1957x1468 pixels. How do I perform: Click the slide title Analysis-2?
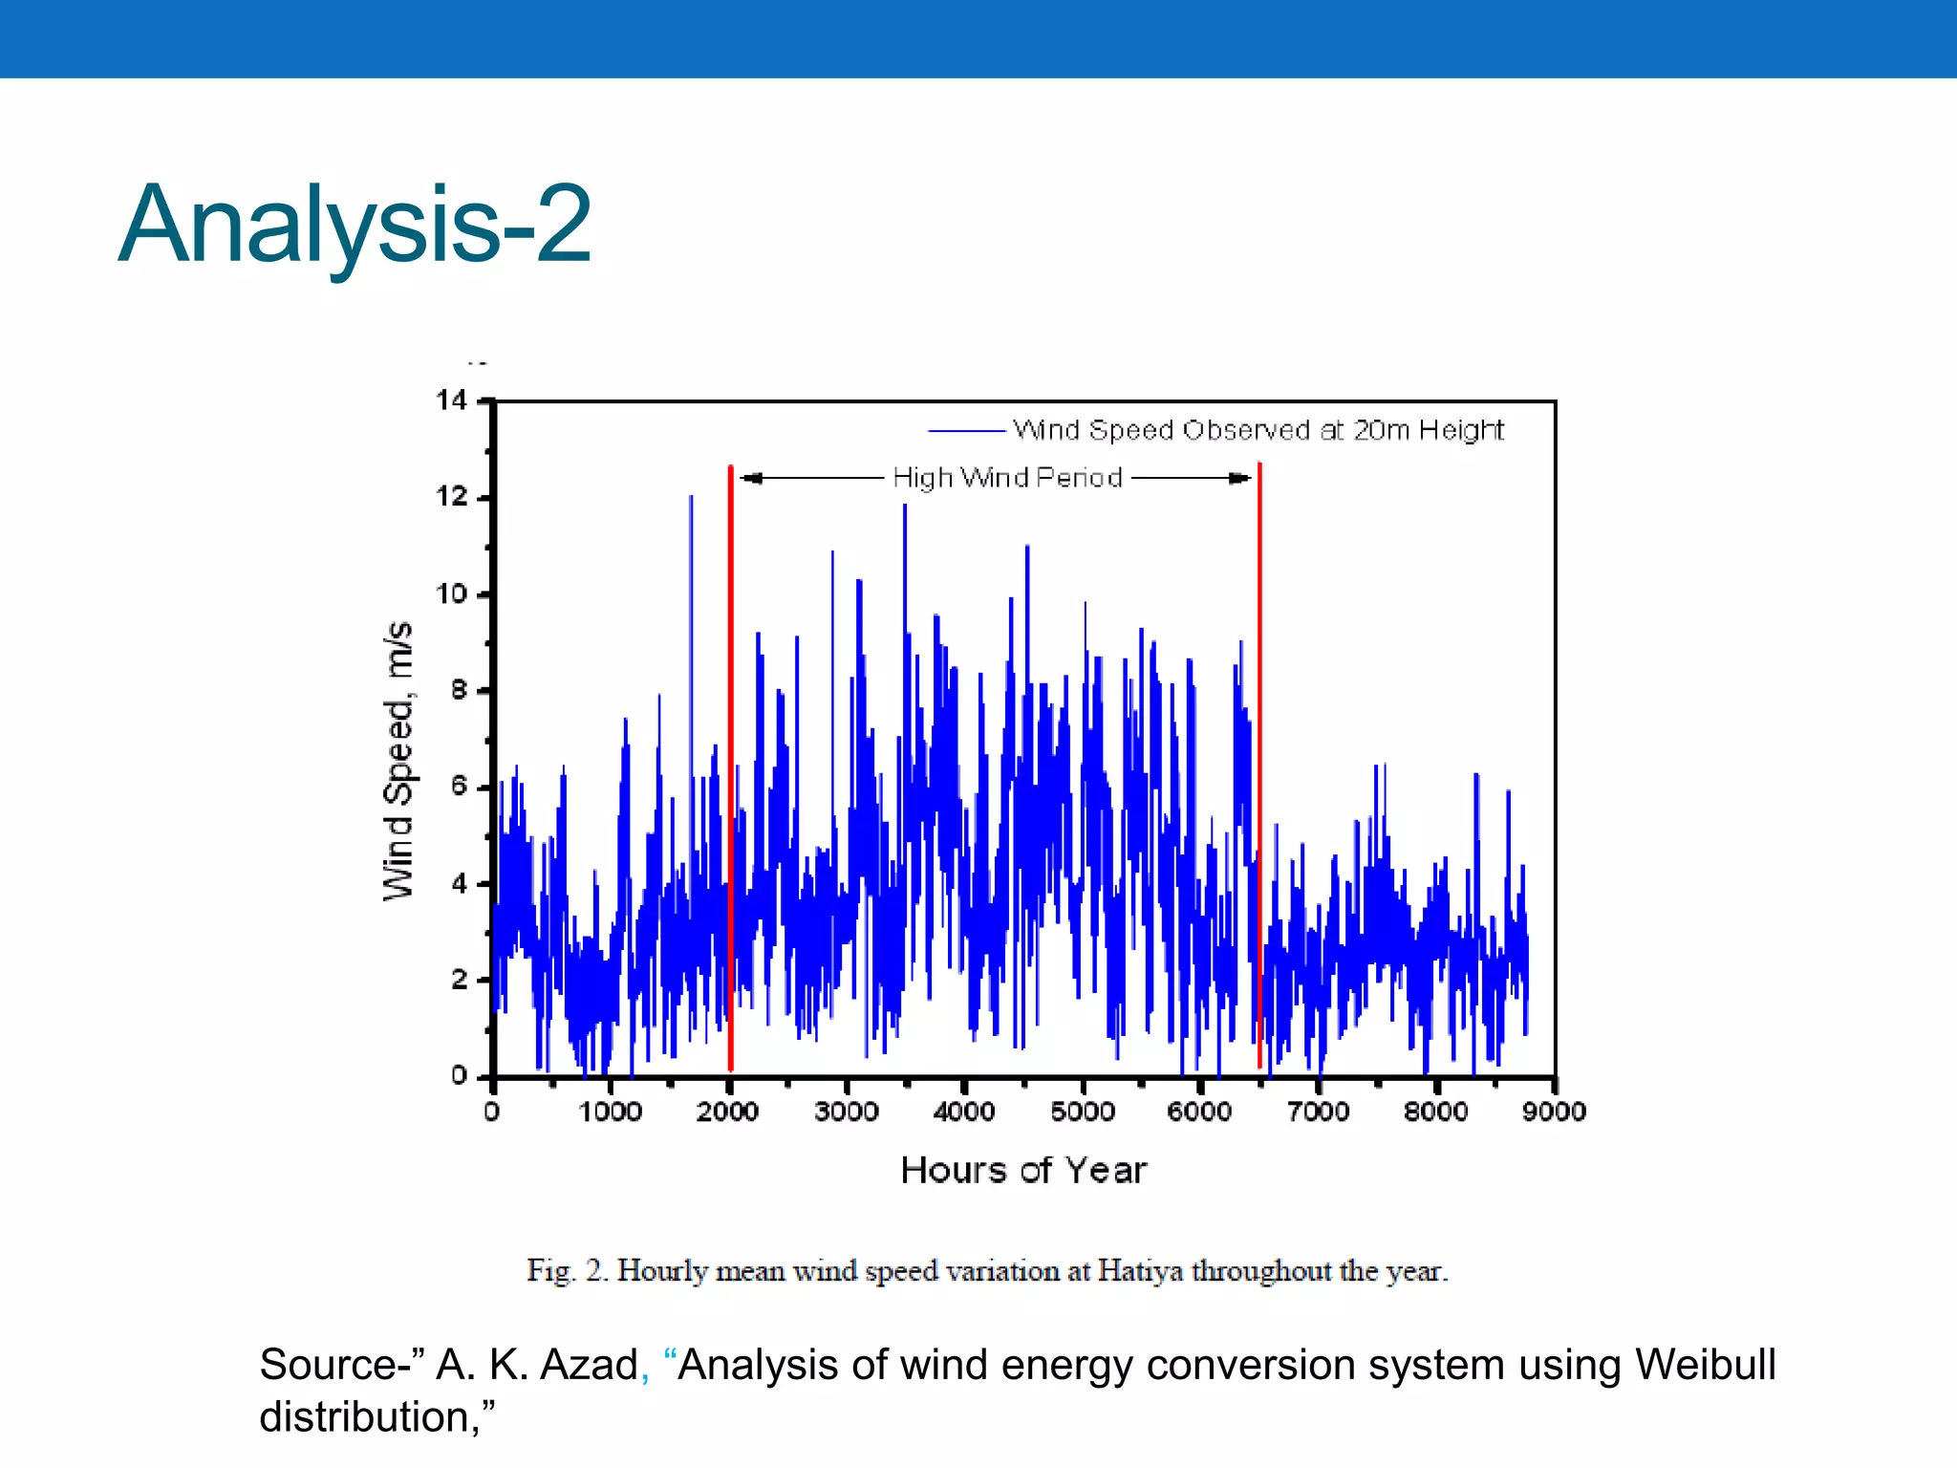pyautogui.click(x=355, y=225)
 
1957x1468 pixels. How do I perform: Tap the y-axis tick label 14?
pyautogui.click(x=452, y=400)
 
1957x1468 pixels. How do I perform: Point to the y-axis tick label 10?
pyautogui.click(x=452, y=594)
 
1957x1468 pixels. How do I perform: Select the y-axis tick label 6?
pyautogui.click(x=460, y=787)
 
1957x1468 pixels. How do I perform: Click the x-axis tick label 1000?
pyautogui.click(x=610, y=1112)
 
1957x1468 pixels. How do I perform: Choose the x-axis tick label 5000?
pyautogui.click(x=1082, y=1112)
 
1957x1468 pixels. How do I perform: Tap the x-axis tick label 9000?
pyautogui.click(x=1554, y=1112)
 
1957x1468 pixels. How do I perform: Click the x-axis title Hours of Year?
pyautogui.click(x=1022, y=1171)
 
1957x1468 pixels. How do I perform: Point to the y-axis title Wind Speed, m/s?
pyautogui.click(x=398, y=761)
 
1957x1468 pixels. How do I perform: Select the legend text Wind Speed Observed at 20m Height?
pyautogui.click(x=1258, y=430)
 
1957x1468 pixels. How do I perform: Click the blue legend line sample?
pyautogui.click(x=965, y=431)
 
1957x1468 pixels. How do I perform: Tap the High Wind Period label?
pyautogui.click(x=1007, y=478)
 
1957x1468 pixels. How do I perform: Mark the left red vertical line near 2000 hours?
pyautogui.click(x=731, y=765)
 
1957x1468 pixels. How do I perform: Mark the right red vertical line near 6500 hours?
pyautogui.click(x=1259, y=765)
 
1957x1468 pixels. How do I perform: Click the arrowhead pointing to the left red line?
pyautogui.click(x=750, y=478)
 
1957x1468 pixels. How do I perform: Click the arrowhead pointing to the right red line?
pyautogui.click(x=1241, y=478)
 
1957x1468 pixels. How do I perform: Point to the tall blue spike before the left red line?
pyautogui.click(x=691, y=573)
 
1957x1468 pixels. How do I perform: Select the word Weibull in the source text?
pyautogui.click(x=1705, y=1365)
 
